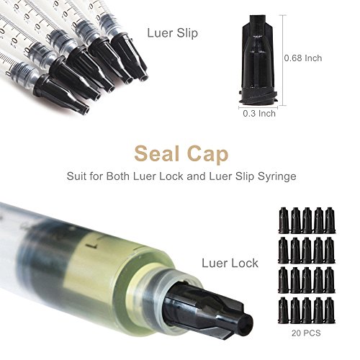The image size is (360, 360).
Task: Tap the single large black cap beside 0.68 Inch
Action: click(x=256, y=58)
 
